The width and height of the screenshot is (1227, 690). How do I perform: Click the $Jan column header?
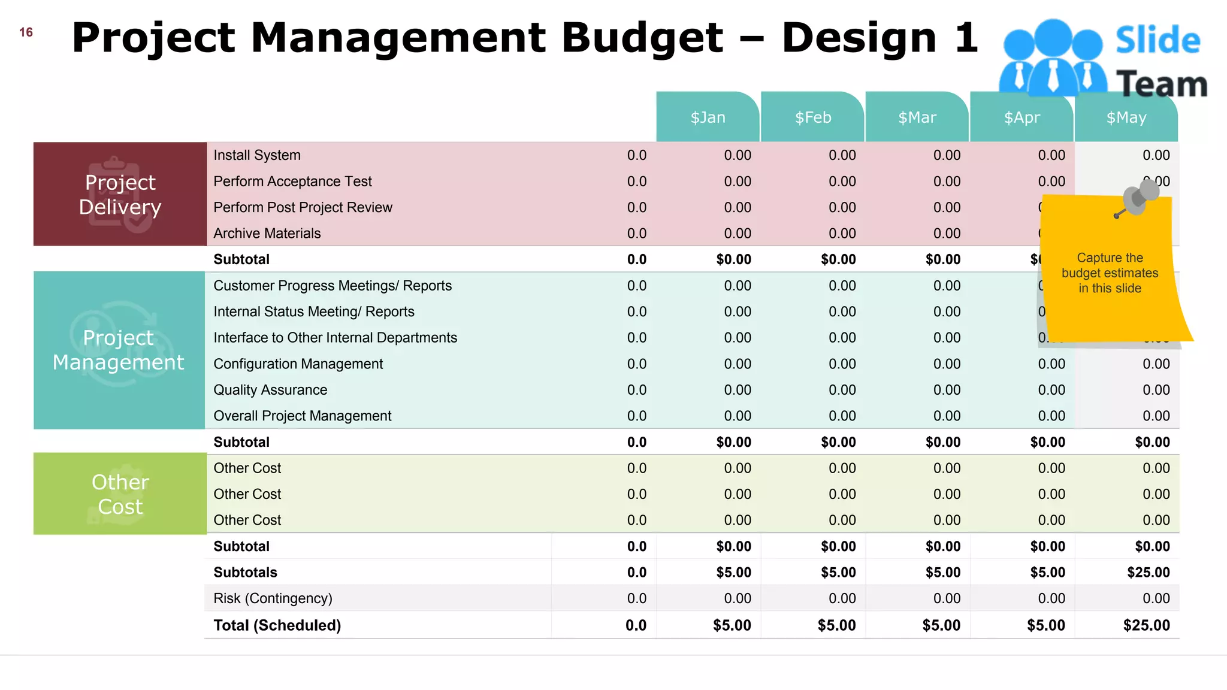click(x=708, y=117)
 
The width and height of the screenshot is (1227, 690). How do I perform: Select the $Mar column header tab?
click(x=917, y=117)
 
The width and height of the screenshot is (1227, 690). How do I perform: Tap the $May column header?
click(x=1126, y=117)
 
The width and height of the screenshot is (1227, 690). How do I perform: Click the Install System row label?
click(x=257, y=155)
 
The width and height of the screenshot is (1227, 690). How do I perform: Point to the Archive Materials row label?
click(x=267, y=233)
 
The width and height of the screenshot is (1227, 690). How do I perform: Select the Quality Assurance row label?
click(x=270, y=390)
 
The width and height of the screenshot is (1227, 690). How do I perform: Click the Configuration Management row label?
click(x=298, y=364)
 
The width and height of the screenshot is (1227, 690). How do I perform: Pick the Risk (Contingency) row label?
click(x=273, y=598)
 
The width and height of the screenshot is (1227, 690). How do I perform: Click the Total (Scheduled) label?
click(x=277, y=625)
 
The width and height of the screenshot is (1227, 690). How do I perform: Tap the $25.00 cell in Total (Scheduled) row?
click(x=1146, y=625)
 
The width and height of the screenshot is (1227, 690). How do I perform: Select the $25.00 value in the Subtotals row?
click(x=1148, y=573)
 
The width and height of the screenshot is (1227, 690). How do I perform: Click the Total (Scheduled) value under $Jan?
click(x=732, y=625)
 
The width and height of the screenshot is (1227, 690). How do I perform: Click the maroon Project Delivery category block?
click(x=120, y=194)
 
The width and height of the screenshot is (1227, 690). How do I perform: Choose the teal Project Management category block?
click(x=119, y=350)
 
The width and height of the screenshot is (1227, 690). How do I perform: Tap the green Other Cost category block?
click(x=120, y=494)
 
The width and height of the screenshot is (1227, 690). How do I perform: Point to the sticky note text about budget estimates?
click(x=1110, y=273)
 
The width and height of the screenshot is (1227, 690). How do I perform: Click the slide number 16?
click(x=26, y=32)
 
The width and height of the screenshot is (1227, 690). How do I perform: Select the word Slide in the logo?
click(x=1158, y=40)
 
